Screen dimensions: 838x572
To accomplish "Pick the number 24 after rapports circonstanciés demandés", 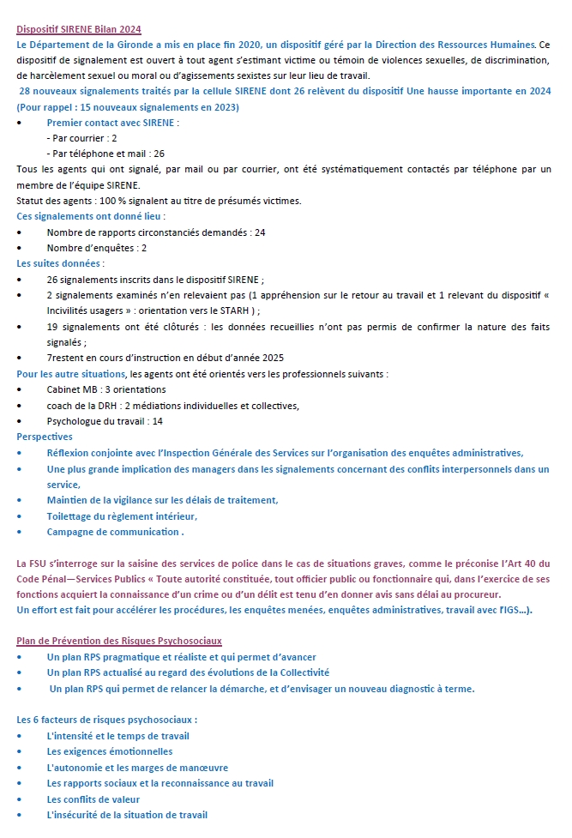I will coord(260,232).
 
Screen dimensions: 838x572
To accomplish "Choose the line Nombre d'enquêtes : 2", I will coord(97,248).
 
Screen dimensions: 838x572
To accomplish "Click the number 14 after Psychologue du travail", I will coord(157,421).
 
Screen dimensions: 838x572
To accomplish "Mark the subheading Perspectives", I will coord(45,437).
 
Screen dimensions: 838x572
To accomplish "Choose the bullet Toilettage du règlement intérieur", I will coord(122,516).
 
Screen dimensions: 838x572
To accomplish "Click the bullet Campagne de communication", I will coord(114,532).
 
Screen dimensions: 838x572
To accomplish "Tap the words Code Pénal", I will coord(44,579).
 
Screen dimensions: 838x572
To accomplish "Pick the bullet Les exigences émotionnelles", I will coord(110,751).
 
